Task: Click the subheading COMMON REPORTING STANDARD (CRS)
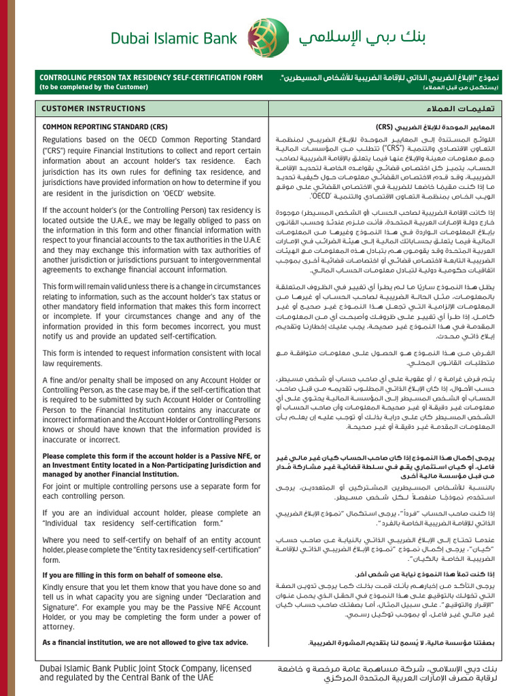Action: (x=105, y=126)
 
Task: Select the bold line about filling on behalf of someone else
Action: (x=133, y=575)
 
